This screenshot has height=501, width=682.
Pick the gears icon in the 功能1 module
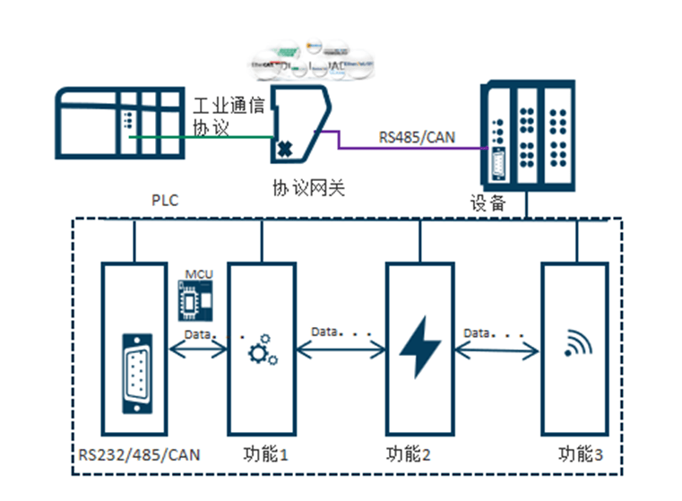pyautogui.click(x=262, y=351)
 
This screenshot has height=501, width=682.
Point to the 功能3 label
pyautogui.click(x=574, y=454)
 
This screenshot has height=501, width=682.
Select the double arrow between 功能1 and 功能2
pyautogui.click(x=340, y=351)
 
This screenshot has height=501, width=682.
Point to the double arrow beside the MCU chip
pyautogui.click(x=197, y=351)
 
